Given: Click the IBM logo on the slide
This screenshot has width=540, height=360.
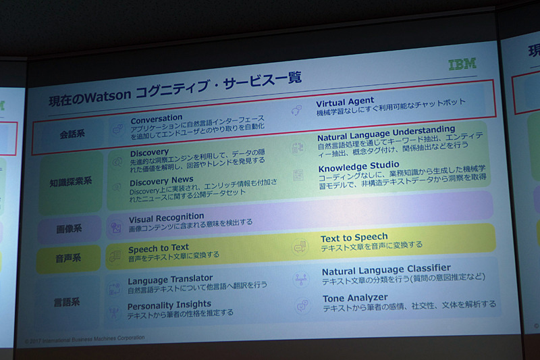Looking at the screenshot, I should (462, 64).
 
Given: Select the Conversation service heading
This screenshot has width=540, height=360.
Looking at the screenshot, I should (157, 119).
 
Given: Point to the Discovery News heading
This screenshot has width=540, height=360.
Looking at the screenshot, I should (161, 181).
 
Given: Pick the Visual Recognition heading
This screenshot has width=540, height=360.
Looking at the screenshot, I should (166, 217).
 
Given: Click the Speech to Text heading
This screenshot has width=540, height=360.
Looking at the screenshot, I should (159, 248).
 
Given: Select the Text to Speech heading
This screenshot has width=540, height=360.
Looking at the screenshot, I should (354, 237).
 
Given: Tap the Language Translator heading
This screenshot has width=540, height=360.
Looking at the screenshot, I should (170, 279).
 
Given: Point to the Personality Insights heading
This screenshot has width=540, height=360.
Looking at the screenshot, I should (169, 305).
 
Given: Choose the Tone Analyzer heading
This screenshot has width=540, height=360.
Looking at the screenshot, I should (355, 298).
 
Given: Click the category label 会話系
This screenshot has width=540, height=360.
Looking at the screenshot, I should (72, 134).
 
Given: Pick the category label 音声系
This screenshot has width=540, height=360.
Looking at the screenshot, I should (69, 257).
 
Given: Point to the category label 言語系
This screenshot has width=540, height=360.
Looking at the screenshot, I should (68, 301).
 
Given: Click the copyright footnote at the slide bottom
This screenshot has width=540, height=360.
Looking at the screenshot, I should (84, 338).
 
